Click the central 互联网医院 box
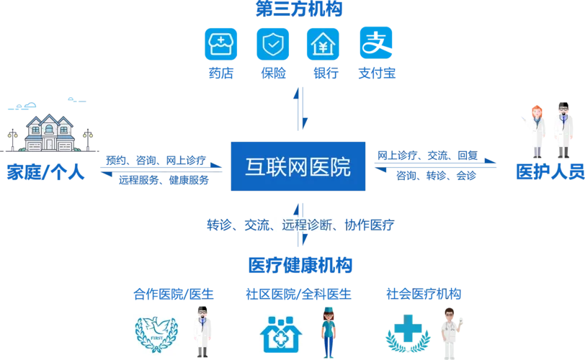298,166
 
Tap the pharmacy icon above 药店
221,44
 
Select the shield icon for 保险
273,44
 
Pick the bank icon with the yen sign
323,44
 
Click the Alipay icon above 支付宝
375,43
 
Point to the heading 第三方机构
299,9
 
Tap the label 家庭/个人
45,172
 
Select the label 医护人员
550,171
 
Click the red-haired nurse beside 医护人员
536,131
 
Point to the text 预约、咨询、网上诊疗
156,161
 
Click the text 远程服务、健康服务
164,180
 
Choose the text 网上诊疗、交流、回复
427,155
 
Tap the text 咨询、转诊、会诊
436,175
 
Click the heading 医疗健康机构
300,266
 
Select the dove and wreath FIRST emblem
156,335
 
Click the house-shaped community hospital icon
280,334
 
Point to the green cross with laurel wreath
408,333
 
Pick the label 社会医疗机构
424,294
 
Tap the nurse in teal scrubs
329,332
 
